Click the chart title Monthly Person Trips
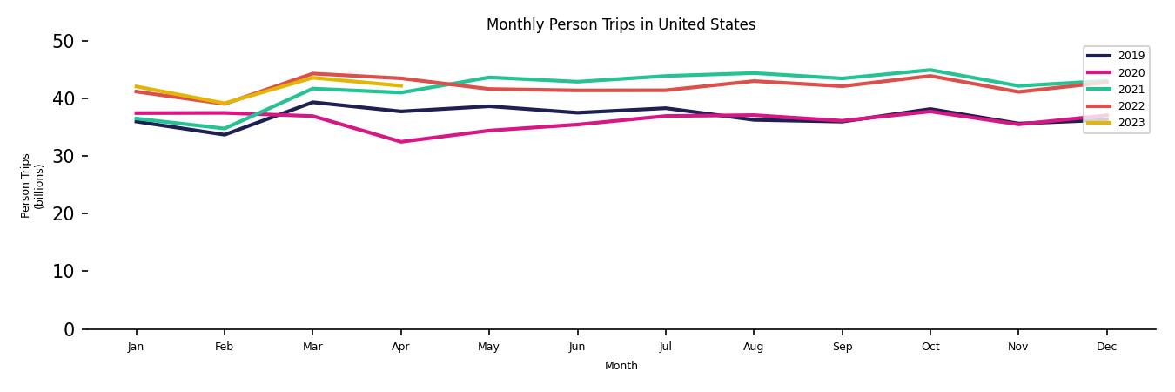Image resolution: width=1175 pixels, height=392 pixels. pos(621,24)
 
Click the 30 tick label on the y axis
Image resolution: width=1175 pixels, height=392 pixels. pos(65,156)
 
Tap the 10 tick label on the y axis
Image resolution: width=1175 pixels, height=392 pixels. pos(65,271)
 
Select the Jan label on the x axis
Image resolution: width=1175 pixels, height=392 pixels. pos(136,347)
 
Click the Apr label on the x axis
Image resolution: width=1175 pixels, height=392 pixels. pos(400,347)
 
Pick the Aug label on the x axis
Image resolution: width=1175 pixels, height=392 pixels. pos(754,347)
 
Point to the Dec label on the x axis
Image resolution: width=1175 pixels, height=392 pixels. pos(1106,347)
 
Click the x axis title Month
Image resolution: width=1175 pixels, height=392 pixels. pos(621,366)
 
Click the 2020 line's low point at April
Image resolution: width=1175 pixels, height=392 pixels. pos(400,142)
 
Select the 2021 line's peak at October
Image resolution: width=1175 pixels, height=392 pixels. pos(930,70)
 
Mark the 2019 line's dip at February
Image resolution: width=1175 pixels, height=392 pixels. pos(224,134)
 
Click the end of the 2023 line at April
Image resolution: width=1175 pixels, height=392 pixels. pos(400,85)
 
